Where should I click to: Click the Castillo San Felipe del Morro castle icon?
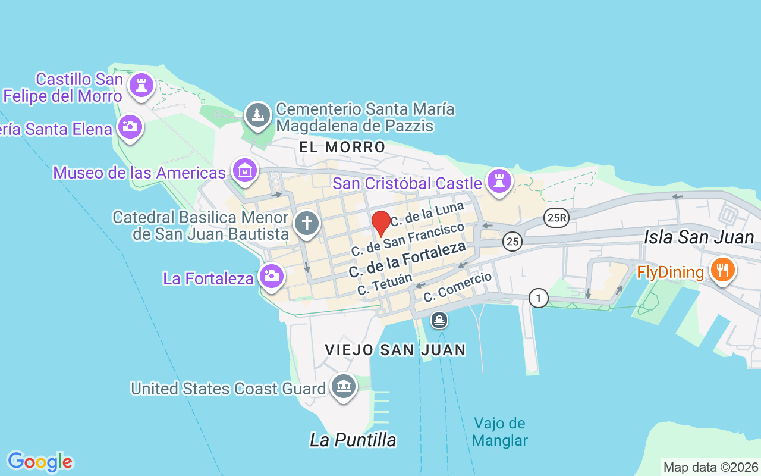tap(141, 85)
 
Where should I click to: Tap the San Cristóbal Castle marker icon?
tap(499, 181)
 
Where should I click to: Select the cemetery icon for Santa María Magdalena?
tap(258, 115)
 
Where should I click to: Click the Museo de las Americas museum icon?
tap(245, 171)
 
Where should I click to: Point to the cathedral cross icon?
tap(307, 224)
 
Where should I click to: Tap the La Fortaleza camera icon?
tap(272, 276)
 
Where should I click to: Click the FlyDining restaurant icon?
tap(722, 271)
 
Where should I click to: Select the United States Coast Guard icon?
tap(343, 387)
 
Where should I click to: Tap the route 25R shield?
tap(556, 218)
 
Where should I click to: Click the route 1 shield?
tap(538, 298)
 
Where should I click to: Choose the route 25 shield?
tap(512, 241)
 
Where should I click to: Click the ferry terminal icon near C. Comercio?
tap(439, 321)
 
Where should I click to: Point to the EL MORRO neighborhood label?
tap(342, 147)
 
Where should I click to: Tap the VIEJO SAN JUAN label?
tap(395, 350)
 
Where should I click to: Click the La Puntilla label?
tap(353, 440)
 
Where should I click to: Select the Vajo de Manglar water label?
tap(500, 432)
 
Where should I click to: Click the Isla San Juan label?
tap(699, 237)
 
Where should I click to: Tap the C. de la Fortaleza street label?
tap(407, 261)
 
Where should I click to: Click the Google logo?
tap(40, 462)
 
